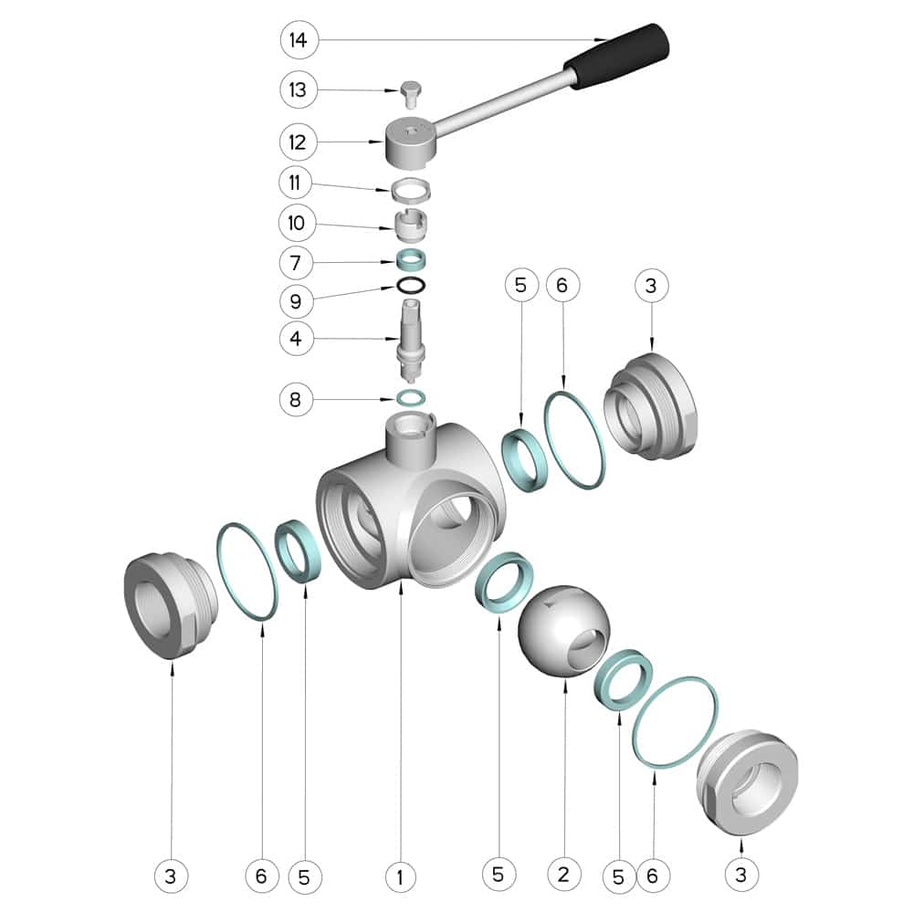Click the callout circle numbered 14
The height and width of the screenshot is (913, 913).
click(299, 39)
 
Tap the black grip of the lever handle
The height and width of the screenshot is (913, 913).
click(618, 56)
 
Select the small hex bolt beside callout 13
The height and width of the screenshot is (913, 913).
click(411, 94)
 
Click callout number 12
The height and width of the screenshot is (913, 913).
click(298, 142)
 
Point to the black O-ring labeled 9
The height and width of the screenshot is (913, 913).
click(411, 286)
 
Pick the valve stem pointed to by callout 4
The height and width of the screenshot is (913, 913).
click(411, 341)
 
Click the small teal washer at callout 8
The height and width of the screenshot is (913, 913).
click(411, 398)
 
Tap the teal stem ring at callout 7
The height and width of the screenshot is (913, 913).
click(411, 259)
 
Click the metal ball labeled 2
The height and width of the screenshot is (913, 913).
click(563, 632)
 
